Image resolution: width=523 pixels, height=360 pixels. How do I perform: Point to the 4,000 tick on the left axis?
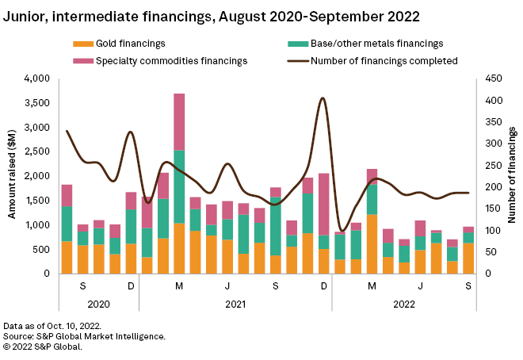click(36, 79)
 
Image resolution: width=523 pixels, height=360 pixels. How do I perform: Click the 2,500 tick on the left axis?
click(36, 151)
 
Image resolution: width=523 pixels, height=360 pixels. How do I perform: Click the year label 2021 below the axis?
click(235, 303)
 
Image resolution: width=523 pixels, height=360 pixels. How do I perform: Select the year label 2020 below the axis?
click(98, 303)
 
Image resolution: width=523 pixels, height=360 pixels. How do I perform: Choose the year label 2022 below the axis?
click(404, 303)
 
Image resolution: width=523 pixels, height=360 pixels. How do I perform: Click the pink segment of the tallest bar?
click(179, 121)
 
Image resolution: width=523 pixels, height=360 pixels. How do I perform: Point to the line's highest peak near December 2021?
click(323, 98)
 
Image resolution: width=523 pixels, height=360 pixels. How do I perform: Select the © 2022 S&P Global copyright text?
click(48, 346)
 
